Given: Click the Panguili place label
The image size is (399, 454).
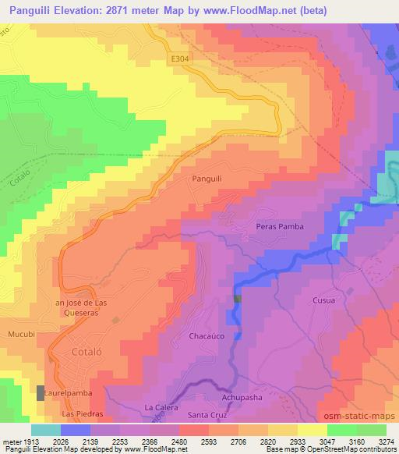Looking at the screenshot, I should [207, 179].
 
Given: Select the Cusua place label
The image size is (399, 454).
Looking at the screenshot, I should [302, 300].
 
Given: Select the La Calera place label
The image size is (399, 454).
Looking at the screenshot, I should [161, 408].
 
